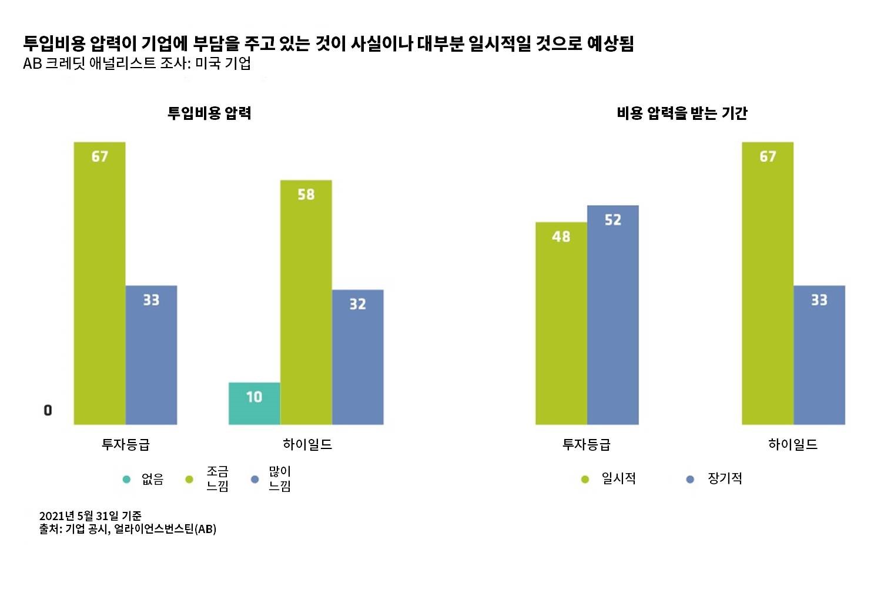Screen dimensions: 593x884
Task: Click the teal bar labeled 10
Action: pos(254,404)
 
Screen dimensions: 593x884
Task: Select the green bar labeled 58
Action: pos(306,302)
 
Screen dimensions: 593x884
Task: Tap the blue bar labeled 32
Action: pos(358,357)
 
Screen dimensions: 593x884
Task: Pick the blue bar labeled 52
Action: pos(612,314)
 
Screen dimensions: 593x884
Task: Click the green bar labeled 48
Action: pos(561,323)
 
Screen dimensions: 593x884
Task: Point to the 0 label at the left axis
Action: pos(48,410)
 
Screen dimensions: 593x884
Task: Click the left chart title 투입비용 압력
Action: pos(209,113)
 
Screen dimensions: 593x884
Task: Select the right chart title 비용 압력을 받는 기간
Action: pos(682,113)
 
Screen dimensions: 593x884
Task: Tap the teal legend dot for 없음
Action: pos(126,480)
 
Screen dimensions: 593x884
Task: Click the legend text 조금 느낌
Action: pos(217,479)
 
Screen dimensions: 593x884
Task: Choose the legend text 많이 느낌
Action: pos(280,479)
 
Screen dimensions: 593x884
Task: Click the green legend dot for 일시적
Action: pos(585,480)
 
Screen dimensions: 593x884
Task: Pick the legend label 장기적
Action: pos(725,479)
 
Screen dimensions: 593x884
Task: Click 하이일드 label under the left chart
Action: pos(307,444)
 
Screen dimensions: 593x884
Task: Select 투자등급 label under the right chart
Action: pos(587,444)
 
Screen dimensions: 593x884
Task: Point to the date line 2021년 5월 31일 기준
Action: pos(91,516)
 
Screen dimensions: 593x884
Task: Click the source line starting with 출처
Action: pos(128,529)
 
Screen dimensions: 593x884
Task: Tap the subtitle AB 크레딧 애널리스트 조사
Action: pos(137,63)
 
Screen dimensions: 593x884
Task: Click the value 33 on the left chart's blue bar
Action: pos(151,300)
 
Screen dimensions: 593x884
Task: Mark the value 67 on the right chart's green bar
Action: pos(768,156)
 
